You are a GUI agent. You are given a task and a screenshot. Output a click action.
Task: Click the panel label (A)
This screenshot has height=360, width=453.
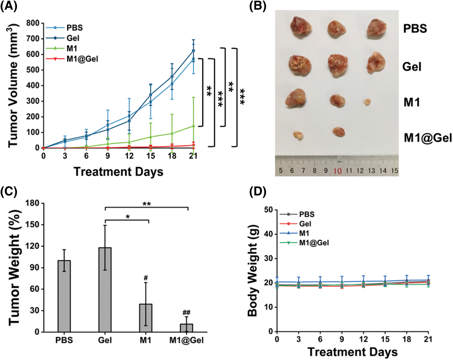point(8,6)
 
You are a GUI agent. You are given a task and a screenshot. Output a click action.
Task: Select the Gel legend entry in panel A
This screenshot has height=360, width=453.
point(73,38)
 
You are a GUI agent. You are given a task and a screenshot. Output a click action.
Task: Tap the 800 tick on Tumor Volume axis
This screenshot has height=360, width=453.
point(33,23)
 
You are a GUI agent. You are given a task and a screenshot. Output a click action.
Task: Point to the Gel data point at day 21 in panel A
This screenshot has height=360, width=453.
point(194,51)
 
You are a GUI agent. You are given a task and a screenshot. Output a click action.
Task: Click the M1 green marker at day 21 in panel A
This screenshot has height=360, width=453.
point(194,126)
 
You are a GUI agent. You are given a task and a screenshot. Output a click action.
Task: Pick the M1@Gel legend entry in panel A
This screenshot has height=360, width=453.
point(82,59)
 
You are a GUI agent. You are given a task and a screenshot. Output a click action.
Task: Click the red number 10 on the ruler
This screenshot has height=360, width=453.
point(337,171)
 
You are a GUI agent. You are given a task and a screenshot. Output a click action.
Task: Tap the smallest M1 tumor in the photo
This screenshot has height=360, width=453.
point(367,102)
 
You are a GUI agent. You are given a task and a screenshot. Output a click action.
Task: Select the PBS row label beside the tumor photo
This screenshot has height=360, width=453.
point(415,28)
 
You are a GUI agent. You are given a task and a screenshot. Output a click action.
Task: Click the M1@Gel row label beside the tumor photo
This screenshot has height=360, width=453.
point(428,138)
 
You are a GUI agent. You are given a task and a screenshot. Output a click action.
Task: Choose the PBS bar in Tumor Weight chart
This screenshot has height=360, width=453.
point(64,296)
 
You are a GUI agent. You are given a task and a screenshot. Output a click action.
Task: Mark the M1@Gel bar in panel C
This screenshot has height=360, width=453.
point(186,328)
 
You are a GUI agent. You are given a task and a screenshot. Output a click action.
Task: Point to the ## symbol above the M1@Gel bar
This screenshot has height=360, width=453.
point(186,313)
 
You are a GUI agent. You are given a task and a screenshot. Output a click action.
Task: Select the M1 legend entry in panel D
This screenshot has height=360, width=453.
point(304,233)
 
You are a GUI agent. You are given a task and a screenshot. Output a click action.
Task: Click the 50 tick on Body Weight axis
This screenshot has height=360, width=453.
point(269,210)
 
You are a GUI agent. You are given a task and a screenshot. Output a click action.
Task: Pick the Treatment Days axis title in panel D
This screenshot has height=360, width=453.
point(352,352)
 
